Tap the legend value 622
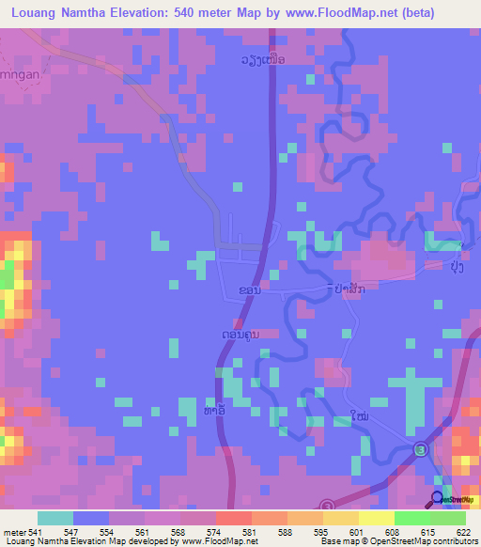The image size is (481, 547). click(x=460, y=530)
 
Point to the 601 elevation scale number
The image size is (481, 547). click(x=355, y=530)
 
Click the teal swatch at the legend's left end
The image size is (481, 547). click(x=54, y=518)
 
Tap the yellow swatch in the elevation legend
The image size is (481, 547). click(x=376, y=518)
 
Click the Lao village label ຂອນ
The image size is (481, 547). click(x=251, y=291)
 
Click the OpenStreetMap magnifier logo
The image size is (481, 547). click(x=438, y=497)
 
